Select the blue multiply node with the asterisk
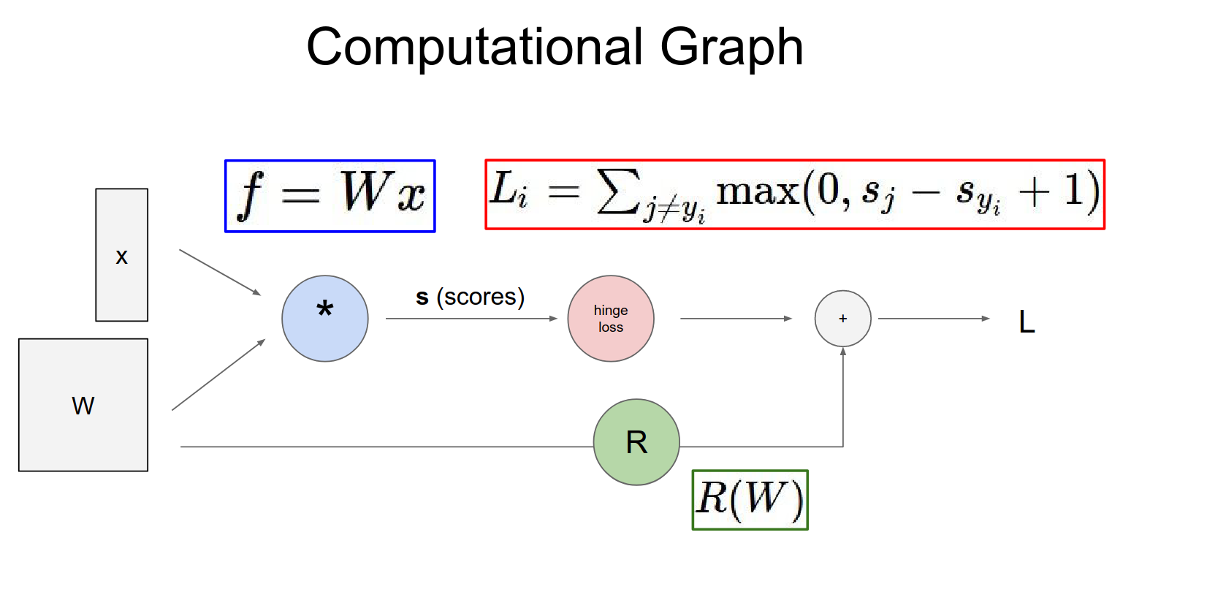(x=325, y=319)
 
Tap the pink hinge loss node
(x=611, y=319)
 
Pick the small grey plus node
(x=842, y=319)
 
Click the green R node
(x=636, y=442)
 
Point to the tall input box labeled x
(x=121, y=255)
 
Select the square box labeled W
(x=83, y=405)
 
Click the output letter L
(x=1027, y=322)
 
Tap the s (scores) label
(x=470, y=297)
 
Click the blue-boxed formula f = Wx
(x=330, y=196)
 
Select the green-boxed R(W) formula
(x=750, y=500)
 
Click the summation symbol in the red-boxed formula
(x=618, y=191)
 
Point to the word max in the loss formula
(x=757, y=191)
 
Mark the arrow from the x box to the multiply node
(x=220, y=273)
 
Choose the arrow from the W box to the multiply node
(x=218, y=375)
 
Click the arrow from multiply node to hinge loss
(x=471, y=319)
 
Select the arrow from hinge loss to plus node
(x=736, y=319)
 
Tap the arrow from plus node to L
(x=934, y=319)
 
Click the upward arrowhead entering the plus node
(x=843, y=352)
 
